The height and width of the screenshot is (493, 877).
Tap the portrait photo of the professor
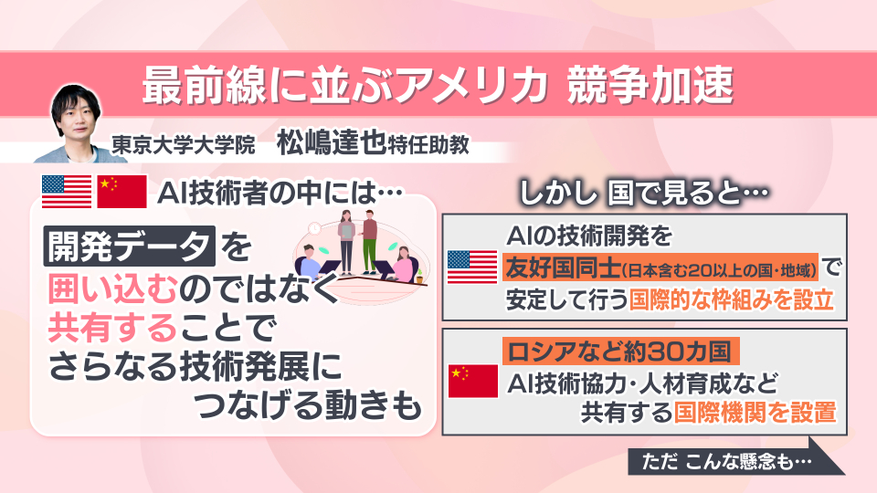click(75, 124)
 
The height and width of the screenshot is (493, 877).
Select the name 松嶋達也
click(331, 142)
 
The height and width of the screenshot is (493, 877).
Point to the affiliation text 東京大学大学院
click(184, 145)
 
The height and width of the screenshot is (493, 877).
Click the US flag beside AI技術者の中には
click(67, 191)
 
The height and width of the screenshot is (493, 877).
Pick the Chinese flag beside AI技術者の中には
click(122, 191)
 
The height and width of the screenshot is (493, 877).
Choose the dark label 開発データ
click(129, 246)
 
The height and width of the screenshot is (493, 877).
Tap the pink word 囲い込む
click(112, 289)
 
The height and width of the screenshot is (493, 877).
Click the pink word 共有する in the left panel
click(112, 328)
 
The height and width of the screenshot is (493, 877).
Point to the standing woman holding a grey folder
click(346, 242)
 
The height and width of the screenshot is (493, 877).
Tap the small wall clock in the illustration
click(314, 228)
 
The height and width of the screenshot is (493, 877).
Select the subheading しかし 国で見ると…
click(644, 194)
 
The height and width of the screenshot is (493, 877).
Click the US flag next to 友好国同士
click(472, 267)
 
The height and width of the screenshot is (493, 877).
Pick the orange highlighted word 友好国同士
click(562, 268)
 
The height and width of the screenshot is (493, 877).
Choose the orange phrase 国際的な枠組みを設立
click(732, 300)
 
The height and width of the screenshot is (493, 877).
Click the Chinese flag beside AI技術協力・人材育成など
click(473, 382)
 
